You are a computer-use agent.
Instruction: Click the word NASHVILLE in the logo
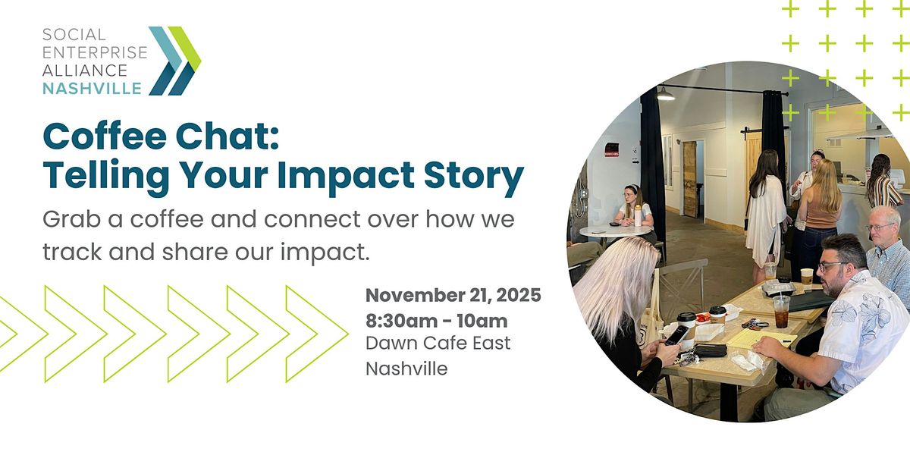click(92, 89)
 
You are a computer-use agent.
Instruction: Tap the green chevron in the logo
click(185, 49)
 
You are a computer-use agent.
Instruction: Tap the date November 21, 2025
click(453, 296)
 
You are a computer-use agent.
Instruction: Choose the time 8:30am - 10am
click(437, 320)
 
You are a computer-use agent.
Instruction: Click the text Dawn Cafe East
click(438, 343)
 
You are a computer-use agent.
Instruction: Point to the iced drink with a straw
click(781, 309)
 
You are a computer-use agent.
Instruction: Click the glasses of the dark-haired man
click(832, 267)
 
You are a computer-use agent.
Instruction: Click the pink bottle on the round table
click(638, 217)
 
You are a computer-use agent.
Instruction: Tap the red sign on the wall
click(612, 149)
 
